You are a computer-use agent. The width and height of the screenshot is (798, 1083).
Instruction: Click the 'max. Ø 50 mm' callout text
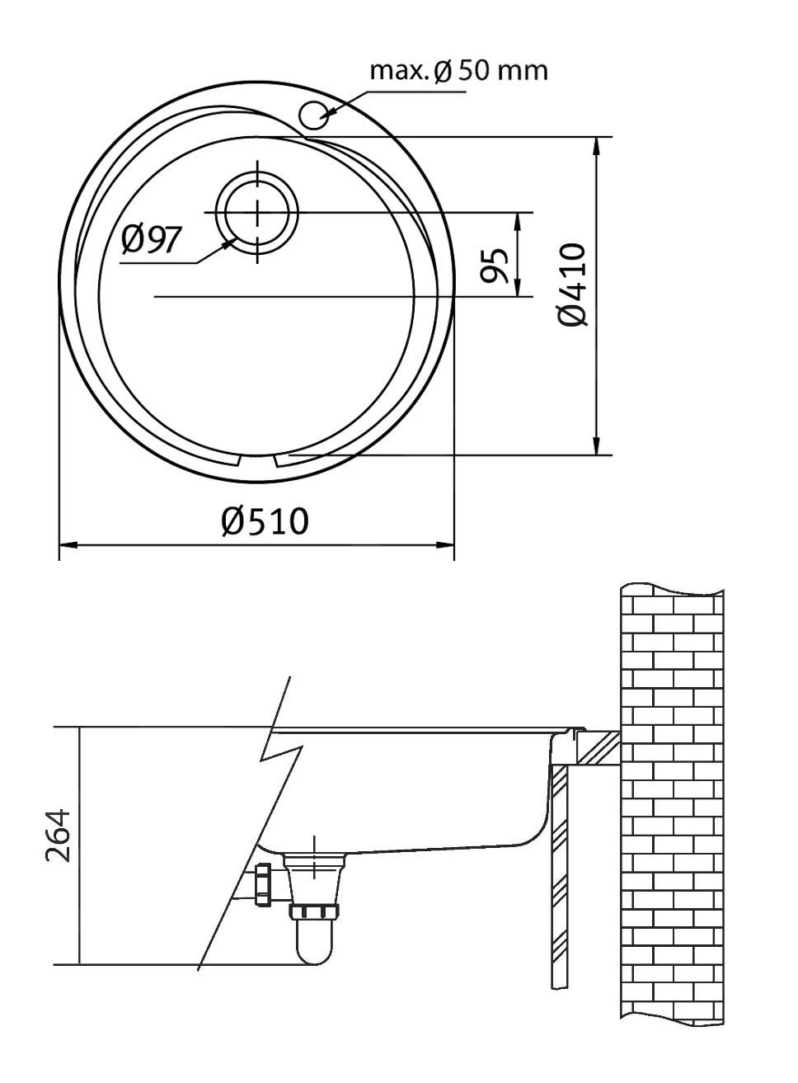coord(458,70)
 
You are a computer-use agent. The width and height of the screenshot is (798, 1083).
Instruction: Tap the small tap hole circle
coord(314,115)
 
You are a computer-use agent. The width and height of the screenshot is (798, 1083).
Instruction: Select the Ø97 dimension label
coord(152,239)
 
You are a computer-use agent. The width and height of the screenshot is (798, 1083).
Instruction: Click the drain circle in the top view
coord(257,212)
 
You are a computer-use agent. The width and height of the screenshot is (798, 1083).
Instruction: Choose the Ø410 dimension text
coord(572,285)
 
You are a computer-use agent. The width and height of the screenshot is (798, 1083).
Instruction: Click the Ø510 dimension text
coord(265,520)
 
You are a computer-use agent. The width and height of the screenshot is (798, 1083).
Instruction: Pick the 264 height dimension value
coord(58,836)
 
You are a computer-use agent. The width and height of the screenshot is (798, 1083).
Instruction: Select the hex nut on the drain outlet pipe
coord(264,885)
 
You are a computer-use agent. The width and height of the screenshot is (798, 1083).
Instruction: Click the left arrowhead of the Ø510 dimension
coord(66,545)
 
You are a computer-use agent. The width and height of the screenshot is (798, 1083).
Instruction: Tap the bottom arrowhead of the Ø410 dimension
coord(596,446)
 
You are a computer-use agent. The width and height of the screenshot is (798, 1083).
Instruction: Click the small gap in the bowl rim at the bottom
coord(257,460)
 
